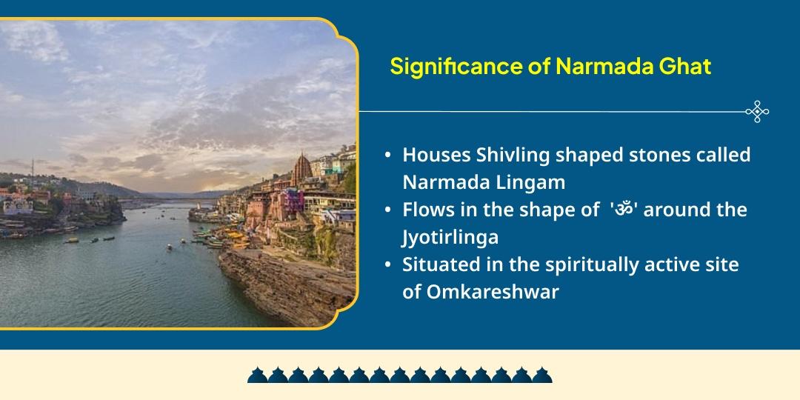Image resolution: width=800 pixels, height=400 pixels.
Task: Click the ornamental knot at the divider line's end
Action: point(757,112)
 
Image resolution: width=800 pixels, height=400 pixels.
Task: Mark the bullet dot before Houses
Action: point(388,156)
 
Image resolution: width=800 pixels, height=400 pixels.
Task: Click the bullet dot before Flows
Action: point(388,210)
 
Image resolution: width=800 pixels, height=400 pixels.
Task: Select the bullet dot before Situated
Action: point(388,265)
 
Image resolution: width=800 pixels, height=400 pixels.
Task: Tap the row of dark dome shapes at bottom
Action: point(400,374)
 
